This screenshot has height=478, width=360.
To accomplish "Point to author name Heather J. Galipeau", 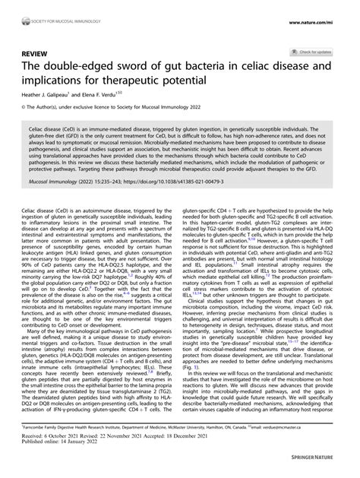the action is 52,97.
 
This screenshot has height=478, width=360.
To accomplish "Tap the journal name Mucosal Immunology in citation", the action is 62,204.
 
